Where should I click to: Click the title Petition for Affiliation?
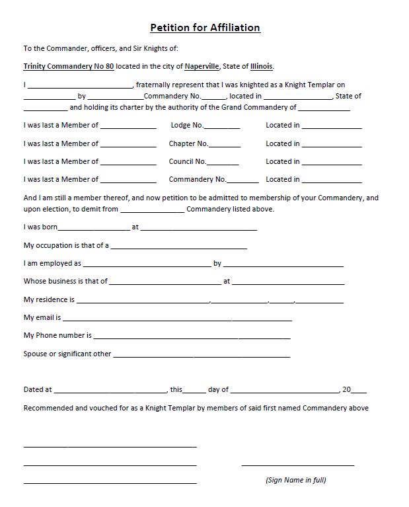[205, 28]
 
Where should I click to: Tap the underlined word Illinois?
[260, 67]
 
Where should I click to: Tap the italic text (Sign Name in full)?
[295, 480]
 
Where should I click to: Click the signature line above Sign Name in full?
[298, 465]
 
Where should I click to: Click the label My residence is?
[49, 299]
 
